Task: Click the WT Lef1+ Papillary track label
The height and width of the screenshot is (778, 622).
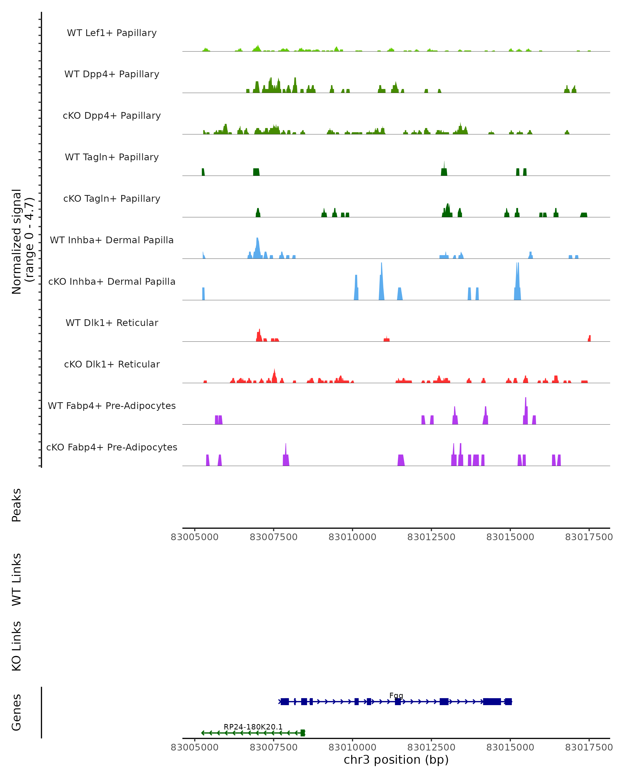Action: (112, 33)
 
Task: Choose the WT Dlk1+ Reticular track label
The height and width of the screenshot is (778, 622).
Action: (112, 323)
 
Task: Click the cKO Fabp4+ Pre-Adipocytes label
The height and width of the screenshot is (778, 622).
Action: (112, 447)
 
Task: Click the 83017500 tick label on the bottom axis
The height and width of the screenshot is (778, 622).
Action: (589, 747)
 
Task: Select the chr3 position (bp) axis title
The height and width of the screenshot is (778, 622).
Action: (396, 760)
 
